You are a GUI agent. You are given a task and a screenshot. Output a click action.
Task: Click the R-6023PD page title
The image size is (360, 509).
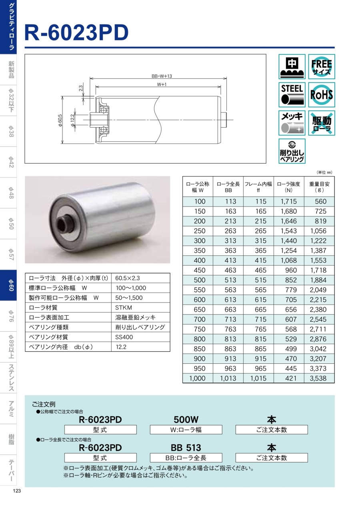coord(76,33)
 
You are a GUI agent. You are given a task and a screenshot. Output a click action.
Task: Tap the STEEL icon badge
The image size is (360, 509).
coord(292,95)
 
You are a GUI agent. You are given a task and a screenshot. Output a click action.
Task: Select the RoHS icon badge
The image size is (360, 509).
coord(321,95)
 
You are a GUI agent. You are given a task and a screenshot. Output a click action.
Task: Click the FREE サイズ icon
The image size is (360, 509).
coord(321,66)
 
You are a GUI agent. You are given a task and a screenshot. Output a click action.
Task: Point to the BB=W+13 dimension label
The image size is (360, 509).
coord(162,76)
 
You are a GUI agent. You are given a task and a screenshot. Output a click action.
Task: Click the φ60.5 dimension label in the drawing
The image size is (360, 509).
coord(60,120)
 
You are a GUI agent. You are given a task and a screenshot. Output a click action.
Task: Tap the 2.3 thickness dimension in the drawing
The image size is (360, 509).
coord(81,88)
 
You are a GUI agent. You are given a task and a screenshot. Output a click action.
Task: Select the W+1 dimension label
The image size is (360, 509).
coord(162,84)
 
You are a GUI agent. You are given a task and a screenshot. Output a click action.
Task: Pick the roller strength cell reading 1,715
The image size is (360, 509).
coord(288,201)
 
